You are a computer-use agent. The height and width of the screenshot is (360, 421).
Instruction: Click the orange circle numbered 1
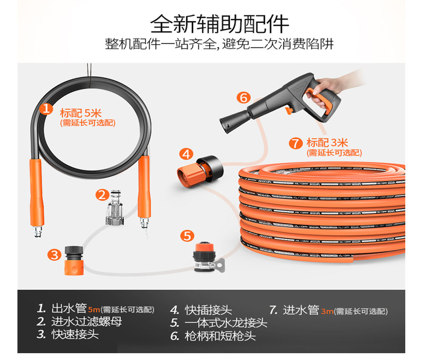pos(46,109)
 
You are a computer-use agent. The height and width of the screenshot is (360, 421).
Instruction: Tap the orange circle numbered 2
pos(102,195)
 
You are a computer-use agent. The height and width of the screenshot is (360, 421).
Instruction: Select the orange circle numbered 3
pos(54,254)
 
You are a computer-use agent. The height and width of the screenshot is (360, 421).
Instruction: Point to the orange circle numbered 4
pos(186,154)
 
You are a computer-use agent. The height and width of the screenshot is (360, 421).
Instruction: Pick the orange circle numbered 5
pos(187,236)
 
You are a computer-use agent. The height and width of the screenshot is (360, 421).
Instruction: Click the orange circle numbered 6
pos(244,97)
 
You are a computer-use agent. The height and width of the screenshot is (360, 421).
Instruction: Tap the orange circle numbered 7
pos(296,143)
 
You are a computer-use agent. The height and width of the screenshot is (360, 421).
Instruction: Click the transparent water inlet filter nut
pos(115,207)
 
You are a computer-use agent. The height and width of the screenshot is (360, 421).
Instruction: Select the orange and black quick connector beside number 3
pos(74,260)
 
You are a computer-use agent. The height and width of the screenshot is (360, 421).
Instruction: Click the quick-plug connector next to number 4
pos(200,171)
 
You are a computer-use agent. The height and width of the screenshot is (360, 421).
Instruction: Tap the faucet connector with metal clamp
pos(207,257)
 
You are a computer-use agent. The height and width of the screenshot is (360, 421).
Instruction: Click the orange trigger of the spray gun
pos(289,110)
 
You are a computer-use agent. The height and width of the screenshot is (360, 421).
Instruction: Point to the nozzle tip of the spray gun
pos(225,126)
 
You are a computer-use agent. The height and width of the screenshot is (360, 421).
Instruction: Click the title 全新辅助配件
pos(219,24)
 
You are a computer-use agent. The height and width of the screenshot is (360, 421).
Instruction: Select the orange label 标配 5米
pos(80,113)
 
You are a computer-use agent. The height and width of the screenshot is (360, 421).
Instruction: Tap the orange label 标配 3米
pos(327,143)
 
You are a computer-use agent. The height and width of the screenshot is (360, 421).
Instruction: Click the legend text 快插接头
pos(208,310)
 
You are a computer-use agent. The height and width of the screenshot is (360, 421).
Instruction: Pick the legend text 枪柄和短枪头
pos(220,336)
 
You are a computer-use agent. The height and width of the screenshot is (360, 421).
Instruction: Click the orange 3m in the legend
pos(327,311)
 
